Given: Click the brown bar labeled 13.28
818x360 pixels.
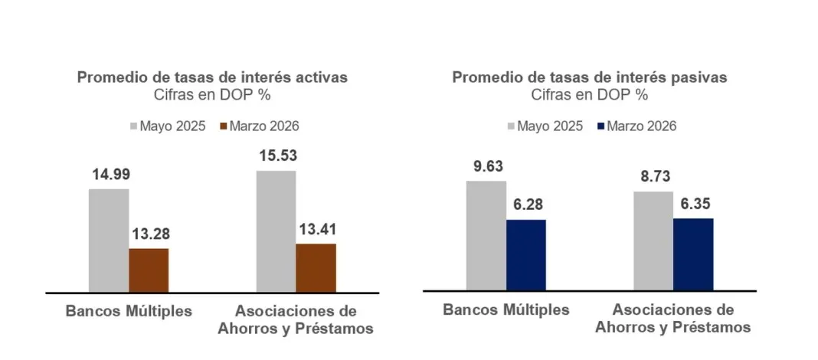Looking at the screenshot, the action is point(149,270).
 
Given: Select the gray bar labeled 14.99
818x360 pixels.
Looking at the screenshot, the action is point(109,241).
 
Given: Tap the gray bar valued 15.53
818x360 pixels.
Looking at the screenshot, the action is point(276,231).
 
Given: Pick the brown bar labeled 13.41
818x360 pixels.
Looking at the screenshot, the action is point(316,267).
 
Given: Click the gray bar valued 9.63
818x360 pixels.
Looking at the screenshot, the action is point(486,235).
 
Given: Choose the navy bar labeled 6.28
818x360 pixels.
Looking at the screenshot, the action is point(526,254).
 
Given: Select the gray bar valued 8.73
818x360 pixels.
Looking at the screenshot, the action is point(653,241).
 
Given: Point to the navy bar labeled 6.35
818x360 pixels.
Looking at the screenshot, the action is point(693,254).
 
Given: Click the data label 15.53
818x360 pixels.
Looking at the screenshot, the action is point(276,156).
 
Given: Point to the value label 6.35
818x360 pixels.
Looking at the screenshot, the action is point(693,204).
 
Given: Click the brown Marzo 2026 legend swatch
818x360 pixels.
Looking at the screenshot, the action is point(224,126).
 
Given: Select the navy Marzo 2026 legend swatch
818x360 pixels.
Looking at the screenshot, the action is point(601,126).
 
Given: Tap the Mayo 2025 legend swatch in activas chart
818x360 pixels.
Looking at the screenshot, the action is point(133,126).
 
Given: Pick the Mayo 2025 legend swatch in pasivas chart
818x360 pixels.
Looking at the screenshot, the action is point(512,126).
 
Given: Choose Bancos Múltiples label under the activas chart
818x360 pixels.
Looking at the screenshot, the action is point(129,312).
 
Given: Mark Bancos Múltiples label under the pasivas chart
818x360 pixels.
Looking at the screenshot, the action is point(506,310).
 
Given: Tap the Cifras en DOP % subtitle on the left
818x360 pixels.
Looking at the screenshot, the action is point(212,96).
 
